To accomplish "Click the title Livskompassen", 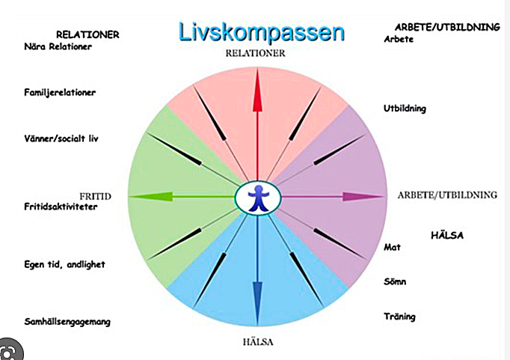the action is [x=262, y=33].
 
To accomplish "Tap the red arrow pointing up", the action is [x=257, y=123].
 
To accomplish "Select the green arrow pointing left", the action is [x=182, y=196].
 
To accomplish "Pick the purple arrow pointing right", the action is [x=333, y=196].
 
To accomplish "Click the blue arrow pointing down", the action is [x=257, y=270].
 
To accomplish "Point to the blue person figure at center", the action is [x=258, y=198].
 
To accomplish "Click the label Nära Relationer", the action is [x=58, y=46].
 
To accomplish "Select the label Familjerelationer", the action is [x=60, y=93].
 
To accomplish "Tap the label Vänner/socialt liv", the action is [x=61, y=138].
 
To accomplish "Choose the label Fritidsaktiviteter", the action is [x=61, y=207].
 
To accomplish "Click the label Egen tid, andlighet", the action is [x=64, y=264].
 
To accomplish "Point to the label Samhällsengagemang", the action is [x=67, y=322].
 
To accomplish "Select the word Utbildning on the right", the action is [x=405, y=109].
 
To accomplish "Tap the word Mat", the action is [x=392, y=248].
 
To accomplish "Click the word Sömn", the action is [x=395, y=281].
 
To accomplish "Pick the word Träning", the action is [x=399, y=317].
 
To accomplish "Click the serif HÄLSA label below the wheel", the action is [x=258, y=342].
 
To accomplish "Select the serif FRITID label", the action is [x=95, y=196].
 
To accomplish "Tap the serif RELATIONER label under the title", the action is [x=255, y=53].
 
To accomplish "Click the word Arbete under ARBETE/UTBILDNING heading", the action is [x=399, y=39].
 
